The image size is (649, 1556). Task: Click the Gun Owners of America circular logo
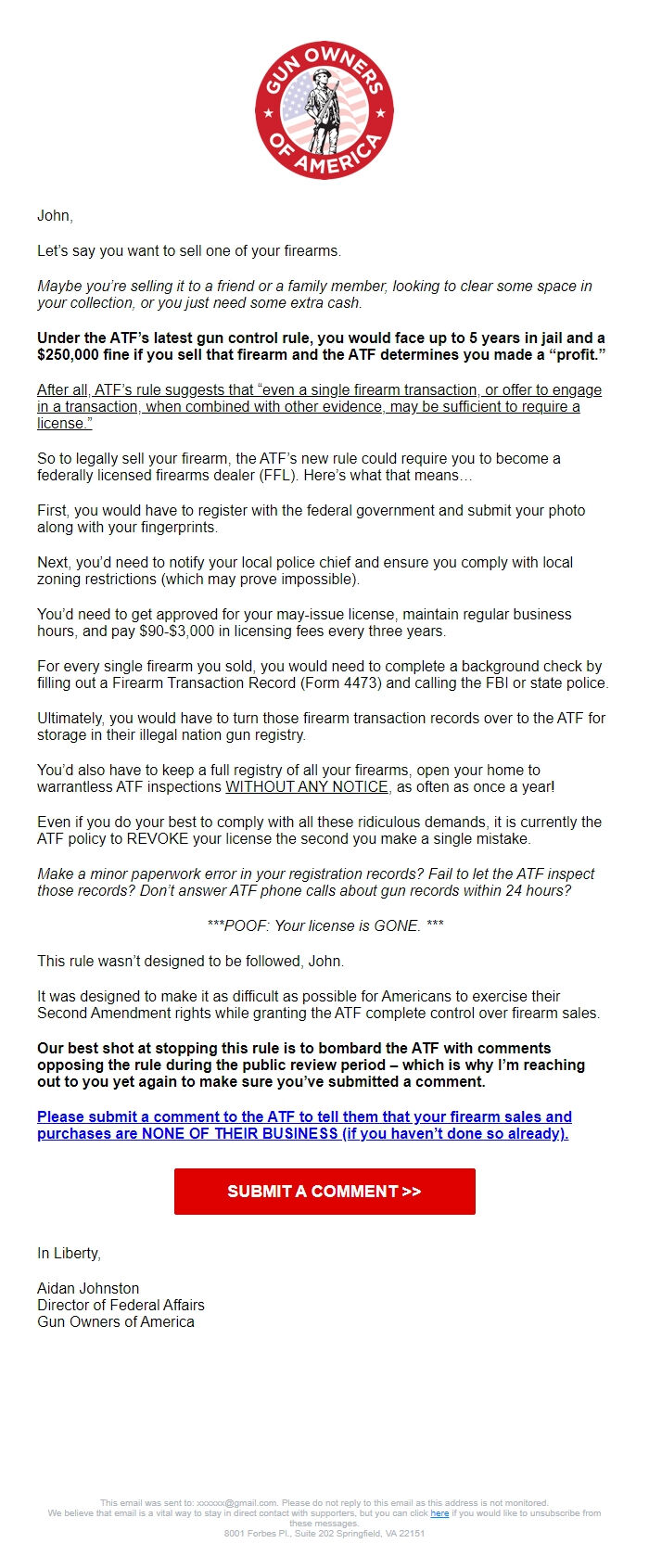pyautogui.click(x=324, y=110)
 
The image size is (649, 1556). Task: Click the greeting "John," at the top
pyautogui.click(x=55, y=216)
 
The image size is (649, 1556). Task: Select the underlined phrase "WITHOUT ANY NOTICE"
pyautogui.click(x=307, y=787)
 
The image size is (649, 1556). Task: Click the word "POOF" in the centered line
pyautogui.click(x=249, y=925)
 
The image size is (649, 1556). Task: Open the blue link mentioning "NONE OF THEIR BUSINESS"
pyautogui.click(x=303, y=1125)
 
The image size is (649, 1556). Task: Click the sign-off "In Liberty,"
pyautogui.click(x=69, y=1254)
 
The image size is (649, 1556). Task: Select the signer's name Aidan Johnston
pyautogui.click(x=88, y=1288)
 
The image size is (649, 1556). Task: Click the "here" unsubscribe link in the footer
pyautogui.click(x=439, y=1512)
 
